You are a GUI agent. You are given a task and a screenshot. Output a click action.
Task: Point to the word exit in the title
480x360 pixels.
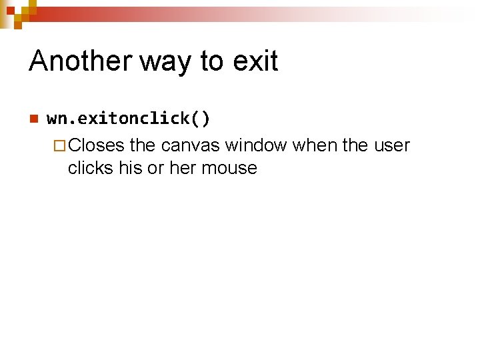(255, 61)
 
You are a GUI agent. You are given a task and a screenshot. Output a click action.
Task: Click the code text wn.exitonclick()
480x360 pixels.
(129, 119)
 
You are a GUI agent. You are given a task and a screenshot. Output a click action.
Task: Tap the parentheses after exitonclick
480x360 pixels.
(201, 119)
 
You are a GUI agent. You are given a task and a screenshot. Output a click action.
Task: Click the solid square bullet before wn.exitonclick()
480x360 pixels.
(32, 119)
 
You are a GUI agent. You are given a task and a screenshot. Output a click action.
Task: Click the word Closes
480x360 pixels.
(96, 145)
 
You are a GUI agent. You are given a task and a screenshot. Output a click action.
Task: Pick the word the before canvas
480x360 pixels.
(143, 145)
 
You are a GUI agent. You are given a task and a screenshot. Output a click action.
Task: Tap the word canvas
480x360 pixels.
(190, 146)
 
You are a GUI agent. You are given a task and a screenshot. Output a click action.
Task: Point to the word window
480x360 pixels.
(256, 145)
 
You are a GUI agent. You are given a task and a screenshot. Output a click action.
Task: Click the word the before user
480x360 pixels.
(355, 145)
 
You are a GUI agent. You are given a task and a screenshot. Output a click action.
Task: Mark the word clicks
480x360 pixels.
(91, 167)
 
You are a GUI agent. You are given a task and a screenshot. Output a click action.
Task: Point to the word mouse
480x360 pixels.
(229, 169)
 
